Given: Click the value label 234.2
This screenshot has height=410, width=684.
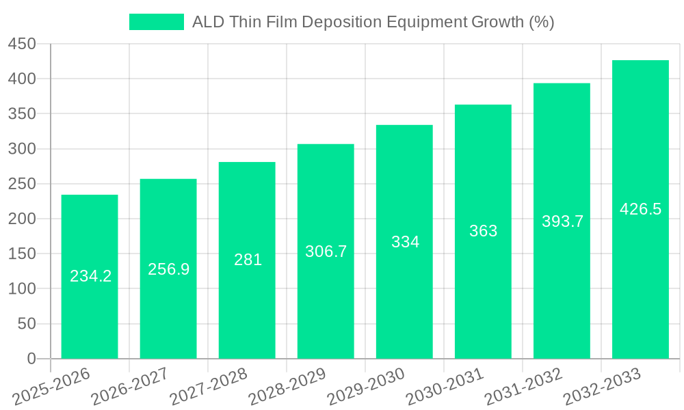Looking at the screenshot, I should coord(91,276).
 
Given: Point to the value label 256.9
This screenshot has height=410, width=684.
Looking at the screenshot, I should coord(169,269).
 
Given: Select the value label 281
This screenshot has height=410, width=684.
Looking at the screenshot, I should coord(248,260).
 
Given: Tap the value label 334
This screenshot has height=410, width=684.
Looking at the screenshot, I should coord(405,242).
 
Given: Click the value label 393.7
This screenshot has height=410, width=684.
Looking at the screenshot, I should coord(562,221).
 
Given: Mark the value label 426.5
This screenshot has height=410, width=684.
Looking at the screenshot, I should coord(640,209).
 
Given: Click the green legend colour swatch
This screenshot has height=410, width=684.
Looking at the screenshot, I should coord(157,22).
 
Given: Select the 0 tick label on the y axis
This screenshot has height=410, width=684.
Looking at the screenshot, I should coord(31,359).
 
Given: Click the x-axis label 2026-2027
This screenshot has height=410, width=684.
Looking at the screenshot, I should coord(131,386).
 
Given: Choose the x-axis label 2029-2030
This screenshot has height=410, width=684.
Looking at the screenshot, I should coord(367,386).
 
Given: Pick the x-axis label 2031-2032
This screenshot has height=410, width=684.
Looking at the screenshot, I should coord(524,386).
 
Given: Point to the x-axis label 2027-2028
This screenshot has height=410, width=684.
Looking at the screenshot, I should coord(209,386).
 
